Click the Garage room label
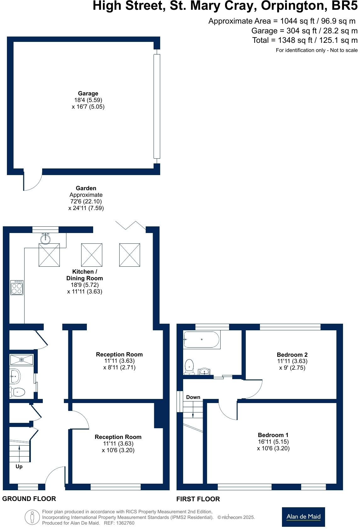point(88,94)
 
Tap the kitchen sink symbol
point(46,238)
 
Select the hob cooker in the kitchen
point(17,287)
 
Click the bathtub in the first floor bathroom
point(201,339)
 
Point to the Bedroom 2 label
point(292,355)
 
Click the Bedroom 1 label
point(273,435)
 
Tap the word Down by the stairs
point(193,397)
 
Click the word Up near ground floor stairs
point(19,467)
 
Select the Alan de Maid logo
point(303,516)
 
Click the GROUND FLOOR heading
point(29,499)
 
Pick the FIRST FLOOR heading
point(198,499)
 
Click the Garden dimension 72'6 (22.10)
point(86,202)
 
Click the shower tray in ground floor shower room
point(22,359)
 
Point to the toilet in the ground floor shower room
point(17,392)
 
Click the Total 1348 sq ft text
point(305,40)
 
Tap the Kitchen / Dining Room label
point(84,275)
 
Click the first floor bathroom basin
point(205,372)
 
